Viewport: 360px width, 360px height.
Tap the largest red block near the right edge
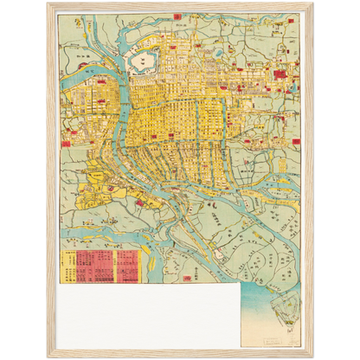[280, 76]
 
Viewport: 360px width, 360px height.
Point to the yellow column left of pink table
[67, 267]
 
